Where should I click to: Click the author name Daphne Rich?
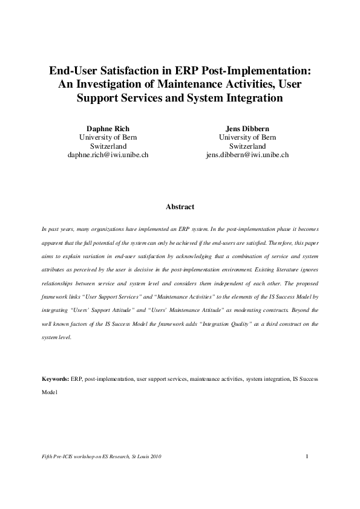(x=108, y=128)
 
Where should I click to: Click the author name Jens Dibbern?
(x=247, y=128)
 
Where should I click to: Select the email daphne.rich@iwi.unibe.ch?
(x=108, y=155)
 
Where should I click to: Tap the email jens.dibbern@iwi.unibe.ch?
(x=247, y=155)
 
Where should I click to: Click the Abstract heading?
(x=180, y=207)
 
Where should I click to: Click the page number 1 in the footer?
(x=307, y=455)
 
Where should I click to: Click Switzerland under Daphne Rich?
(x=108, y=146)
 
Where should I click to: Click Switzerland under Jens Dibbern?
(x=247, y=146)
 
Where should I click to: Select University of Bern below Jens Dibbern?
(x=247, y=137)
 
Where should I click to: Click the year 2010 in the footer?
(x=155, y=456)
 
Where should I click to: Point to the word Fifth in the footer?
(x=47, y=456)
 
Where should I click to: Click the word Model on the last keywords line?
(x=50, y=392)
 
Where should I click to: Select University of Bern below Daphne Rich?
(x=108, y=137)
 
